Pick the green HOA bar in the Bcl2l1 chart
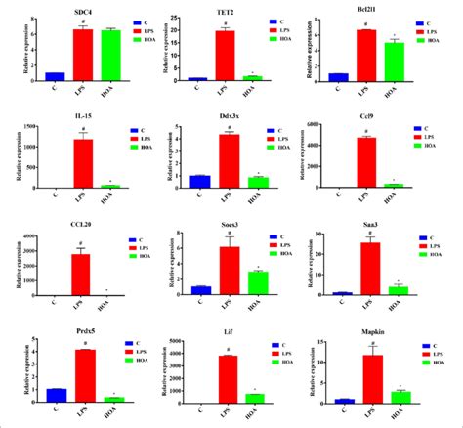pos(397,62)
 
